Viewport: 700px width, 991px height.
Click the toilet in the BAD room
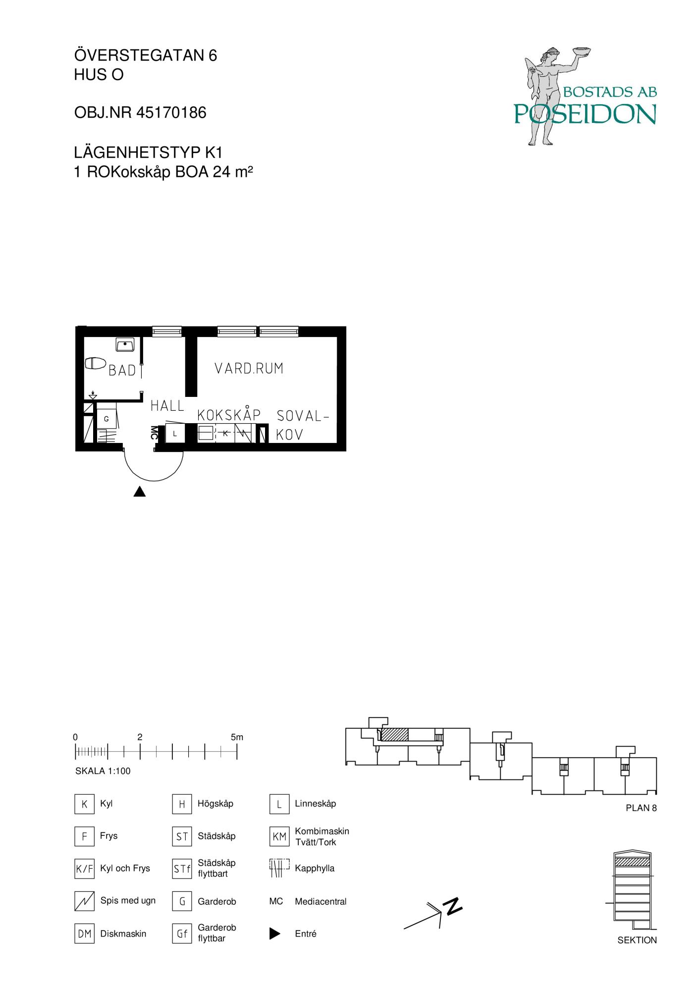pos(95,363)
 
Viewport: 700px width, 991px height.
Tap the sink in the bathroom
pos(125,344)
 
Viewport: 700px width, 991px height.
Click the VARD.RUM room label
pos(249,368)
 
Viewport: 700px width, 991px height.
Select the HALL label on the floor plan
pos(167,406)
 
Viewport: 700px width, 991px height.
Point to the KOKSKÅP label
pos(229,414)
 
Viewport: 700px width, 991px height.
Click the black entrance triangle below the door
pos(140,492)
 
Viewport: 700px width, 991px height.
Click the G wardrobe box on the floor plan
pos(106,419)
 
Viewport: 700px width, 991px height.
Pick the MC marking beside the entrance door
pos(154,433)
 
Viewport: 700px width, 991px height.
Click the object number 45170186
pos(171,113)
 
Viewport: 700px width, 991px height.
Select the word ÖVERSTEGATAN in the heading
pos(138,55)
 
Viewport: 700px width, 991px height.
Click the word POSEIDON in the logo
pos(585,114)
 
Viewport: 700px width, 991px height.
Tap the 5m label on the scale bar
pos(237,737)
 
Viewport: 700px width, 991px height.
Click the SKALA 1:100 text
pos(103,771)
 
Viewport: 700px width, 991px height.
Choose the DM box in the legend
pos(84,934)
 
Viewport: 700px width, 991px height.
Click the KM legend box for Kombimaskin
pos(279,837)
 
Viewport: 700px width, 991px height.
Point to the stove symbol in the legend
pos(84,901)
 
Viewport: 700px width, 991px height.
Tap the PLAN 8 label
pos(641,808)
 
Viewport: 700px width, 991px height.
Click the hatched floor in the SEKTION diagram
pos(632,863)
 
